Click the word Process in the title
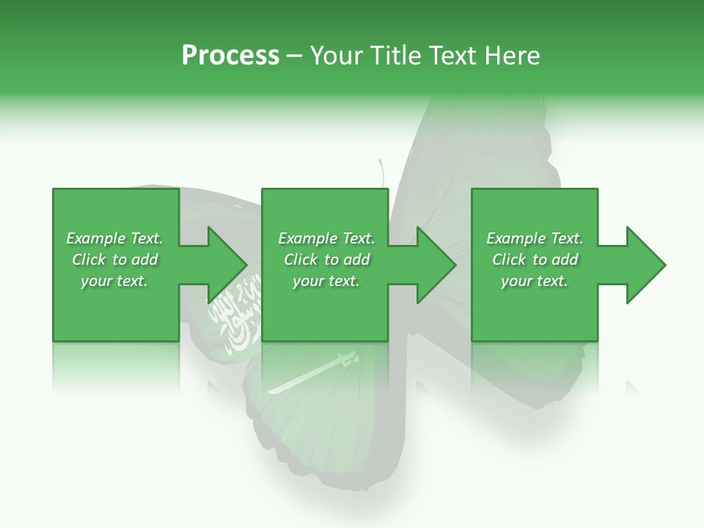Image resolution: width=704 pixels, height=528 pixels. point(230,56)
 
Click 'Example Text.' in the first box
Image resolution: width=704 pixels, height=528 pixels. point(114,238)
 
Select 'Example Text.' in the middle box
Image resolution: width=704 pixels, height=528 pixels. point(326,238)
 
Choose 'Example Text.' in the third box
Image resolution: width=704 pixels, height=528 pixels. point(535,238)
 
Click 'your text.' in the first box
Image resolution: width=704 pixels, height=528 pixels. point(114,281)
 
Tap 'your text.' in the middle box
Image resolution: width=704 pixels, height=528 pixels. point(326,281)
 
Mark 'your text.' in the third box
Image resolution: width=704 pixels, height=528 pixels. point(535,281)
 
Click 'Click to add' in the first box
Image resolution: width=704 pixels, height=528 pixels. point(114,260)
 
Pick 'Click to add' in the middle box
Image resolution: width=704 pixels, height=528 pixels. point(326,260)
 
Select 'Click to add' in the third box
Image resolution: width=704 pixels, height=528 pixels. point(535,260)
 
